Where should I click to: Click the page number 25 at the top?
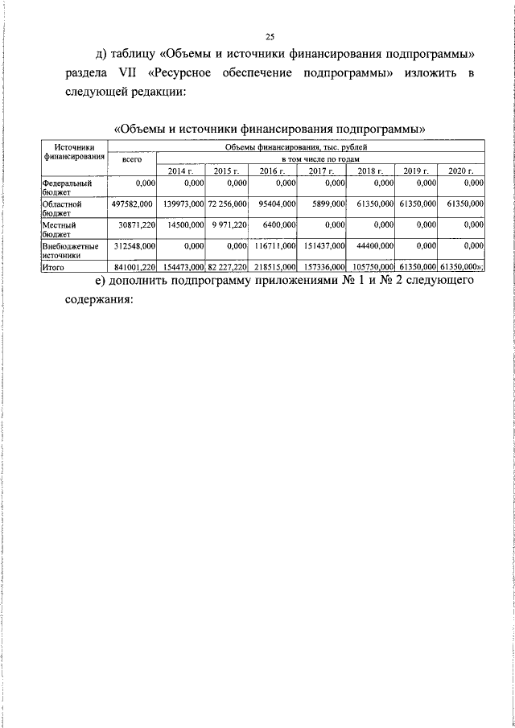click(x=270, y=36)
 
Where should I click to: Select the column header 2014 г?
click(x=180, y=171)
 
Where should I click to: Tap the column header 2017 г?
click(x=322, y=171)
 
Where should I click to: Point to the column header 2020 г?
click(x=462, y=171)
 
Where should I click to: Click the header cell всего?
click(x=131, y=159)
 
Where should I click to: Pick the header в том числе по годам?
click(x=320, y=158)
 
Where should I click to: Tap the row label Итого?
click(x=55, y=266)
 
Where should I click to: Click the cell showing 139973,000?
click(x=183, y=205)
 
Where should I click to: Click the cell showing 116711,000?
click(x=274, y=245)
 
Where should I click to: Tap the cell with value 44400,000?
click(x=374, y=245)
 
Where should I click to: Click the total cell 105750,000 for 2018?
click(x=373, y=266)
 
